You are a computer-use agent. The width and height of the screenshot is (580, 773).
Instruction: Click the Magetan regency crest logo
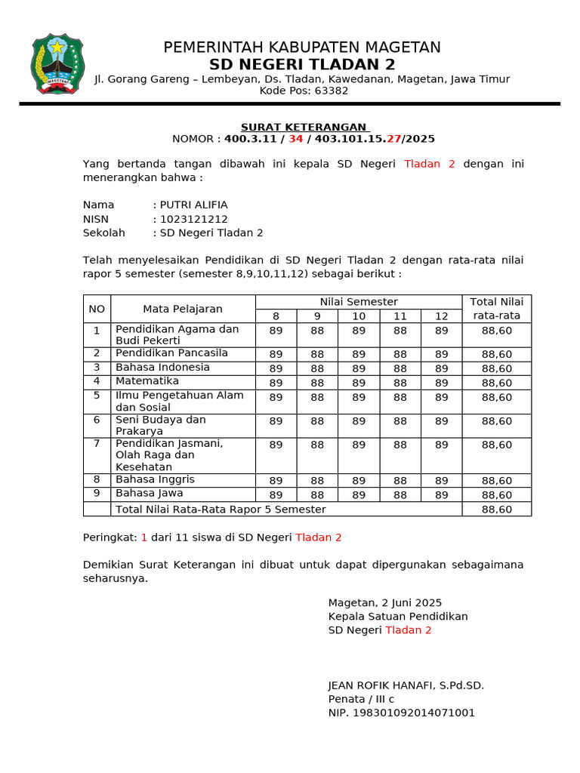pyautogui.click(x=57, y=65)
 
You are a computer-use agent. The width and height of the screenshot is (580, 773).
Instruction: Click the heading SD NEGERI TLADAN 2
pyautogui.click(x=302, y=65)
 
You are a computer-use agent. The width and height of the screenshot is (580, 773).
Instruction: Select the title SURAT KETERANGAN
pyautogui.click(x=304, y=127)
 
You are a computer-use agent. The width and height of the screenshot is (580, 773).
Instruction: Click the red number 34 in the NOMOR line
pyautogui.click(x=295, y=139)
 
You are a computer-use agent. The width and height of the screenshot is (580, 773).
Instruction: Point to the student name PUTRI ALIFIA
pyautogui.click(x=193, y=205)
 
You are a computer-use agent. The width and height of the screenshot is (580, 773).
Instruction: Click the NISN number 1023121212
pyautogui.click(x=193, y=219)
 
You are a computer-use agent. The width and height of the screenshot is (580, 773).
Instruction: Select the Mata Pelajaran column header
pyautogui.click(x=183, y=309)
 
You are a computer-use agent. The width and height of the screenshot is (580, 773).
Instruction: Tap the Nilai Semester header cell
pyautogui.click(x=358, y=302)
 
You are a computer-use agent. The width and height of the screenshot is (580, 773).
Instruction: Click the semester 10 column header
pyautogui.click(x=359, y=316)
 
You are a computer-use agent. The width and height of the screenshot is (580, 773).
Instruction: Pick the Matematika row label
pyautogui.click(x=147, y=381)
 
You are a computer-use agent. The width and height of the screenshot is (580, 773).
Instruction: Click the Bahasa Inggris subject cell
pyautogui.click(x=155, y=479)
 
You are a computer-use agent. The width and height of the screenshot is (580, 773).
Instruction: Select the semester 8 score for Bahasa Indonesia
pyautogui.click(x=276, y=368)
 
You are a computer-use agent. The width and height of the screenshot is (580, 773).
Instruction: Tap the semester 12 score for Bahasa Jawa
pyautogui.click(x=442, y=494)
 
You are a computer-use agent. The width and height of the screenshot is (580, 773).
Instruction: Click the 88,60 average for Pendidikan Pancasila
pyautogui.click(x=496, y=354)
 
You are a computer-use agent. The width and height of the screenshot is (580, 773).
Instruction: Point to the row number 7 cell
pyautogui.click(x=97, y=443)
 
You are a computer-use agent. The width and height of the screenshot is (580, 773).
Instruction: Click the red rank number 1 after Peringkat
pyautogui.click(x=143, y=537)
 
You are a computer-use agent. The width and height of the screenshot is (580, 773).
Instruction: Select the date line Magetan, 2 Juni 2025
pyautogui.click(x=384, y=602)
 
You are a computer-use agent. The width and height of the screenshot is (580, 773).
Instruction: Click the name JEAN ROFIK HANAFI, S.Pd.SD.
pyautogui.click(x=406, y=685)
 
